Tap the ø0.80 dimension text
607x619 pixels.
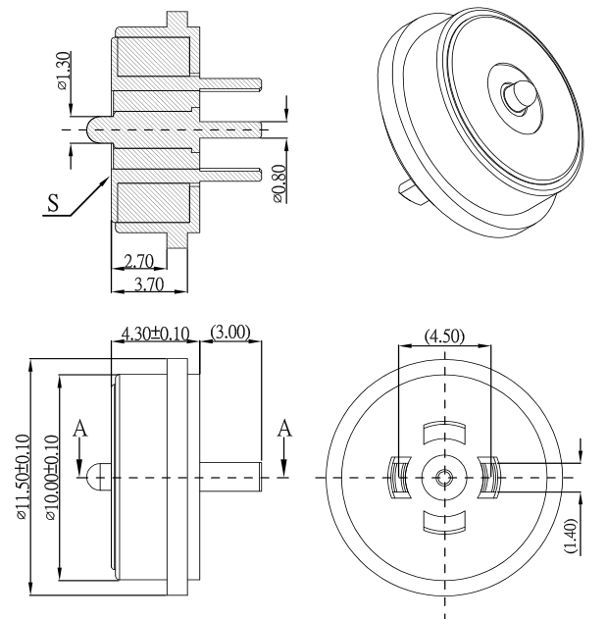[279, 182]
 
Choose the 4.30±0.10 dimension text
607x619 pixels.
[154, 334]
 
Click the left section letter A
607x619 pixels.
[80, 428]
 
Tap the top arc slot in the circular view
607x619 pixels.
[444, 432]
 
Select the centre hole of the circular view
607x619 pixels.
[444, 477]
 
